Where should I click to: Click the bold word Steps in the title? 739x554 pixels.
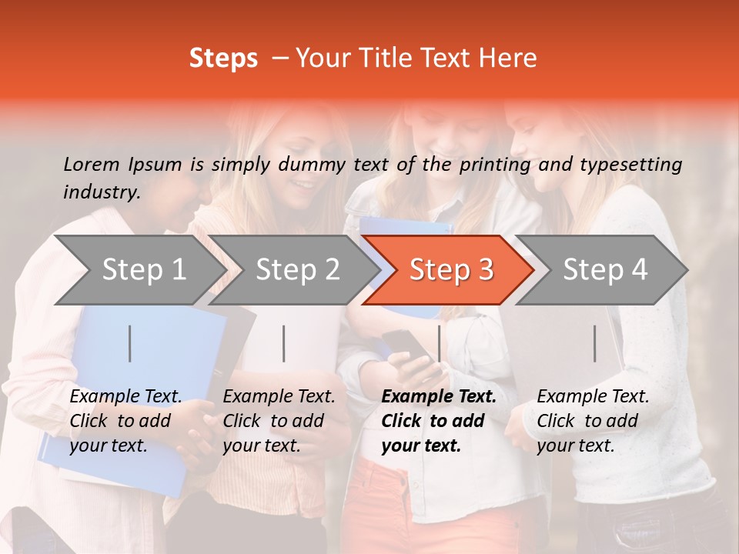point(223,58)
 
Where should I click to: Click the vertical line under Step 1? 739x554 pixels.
point(130,343)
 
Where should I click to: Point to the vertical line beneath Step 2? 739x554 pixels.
point(284,343)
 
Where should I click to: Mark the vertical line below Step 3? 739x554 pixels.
point(439,343)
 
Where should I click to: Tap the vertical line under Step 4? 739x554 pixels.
point(594,343)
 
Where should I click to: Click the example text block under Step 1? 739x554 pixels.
point(125,421)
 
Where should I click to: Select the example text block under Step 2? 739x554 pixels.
point(279,421)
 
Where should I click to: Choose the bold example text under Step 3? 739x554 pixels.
point(437,421)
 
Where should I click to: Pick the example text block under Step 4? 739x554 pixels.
point(592,421)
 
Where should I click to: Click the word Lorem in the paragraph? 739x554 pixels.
point(92,164)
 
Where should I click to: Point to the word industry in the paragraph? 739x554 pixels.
point(101,192)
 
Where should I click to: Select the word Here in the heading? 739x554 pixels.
point(508,58)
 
